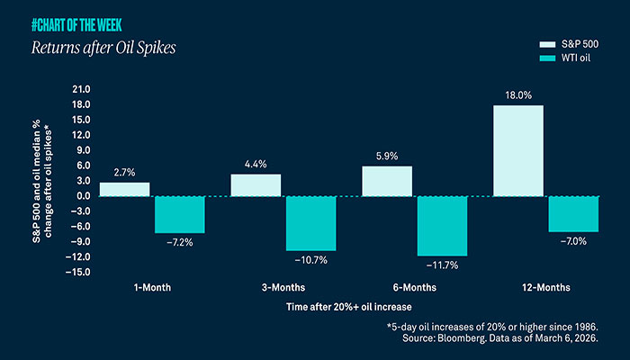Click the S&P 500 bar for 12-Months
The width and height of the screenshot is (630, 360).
tap(518, 150)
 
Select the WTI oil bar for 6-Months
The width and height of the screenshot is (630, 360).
tap(442, 225)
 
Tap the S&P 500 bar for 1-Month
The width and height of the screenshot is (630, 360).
tap(124, 189)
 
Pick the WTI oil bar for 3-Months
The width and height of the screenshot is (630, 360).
tap(310, 222)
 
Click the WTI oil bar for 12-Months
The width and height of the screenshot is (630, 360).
tap(573, 213)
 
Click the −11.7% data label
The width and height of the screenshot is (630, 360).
tap(442, 265)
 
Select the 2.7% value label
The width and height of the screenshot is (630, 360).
tap(124, 172)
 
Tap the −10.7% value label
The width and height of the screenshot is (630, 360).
tap(310, 260)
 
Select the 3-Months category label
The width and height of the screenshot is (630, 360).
tap(283, 288)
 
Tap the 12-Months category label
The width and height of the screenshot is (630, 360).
tap(545, 288)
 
